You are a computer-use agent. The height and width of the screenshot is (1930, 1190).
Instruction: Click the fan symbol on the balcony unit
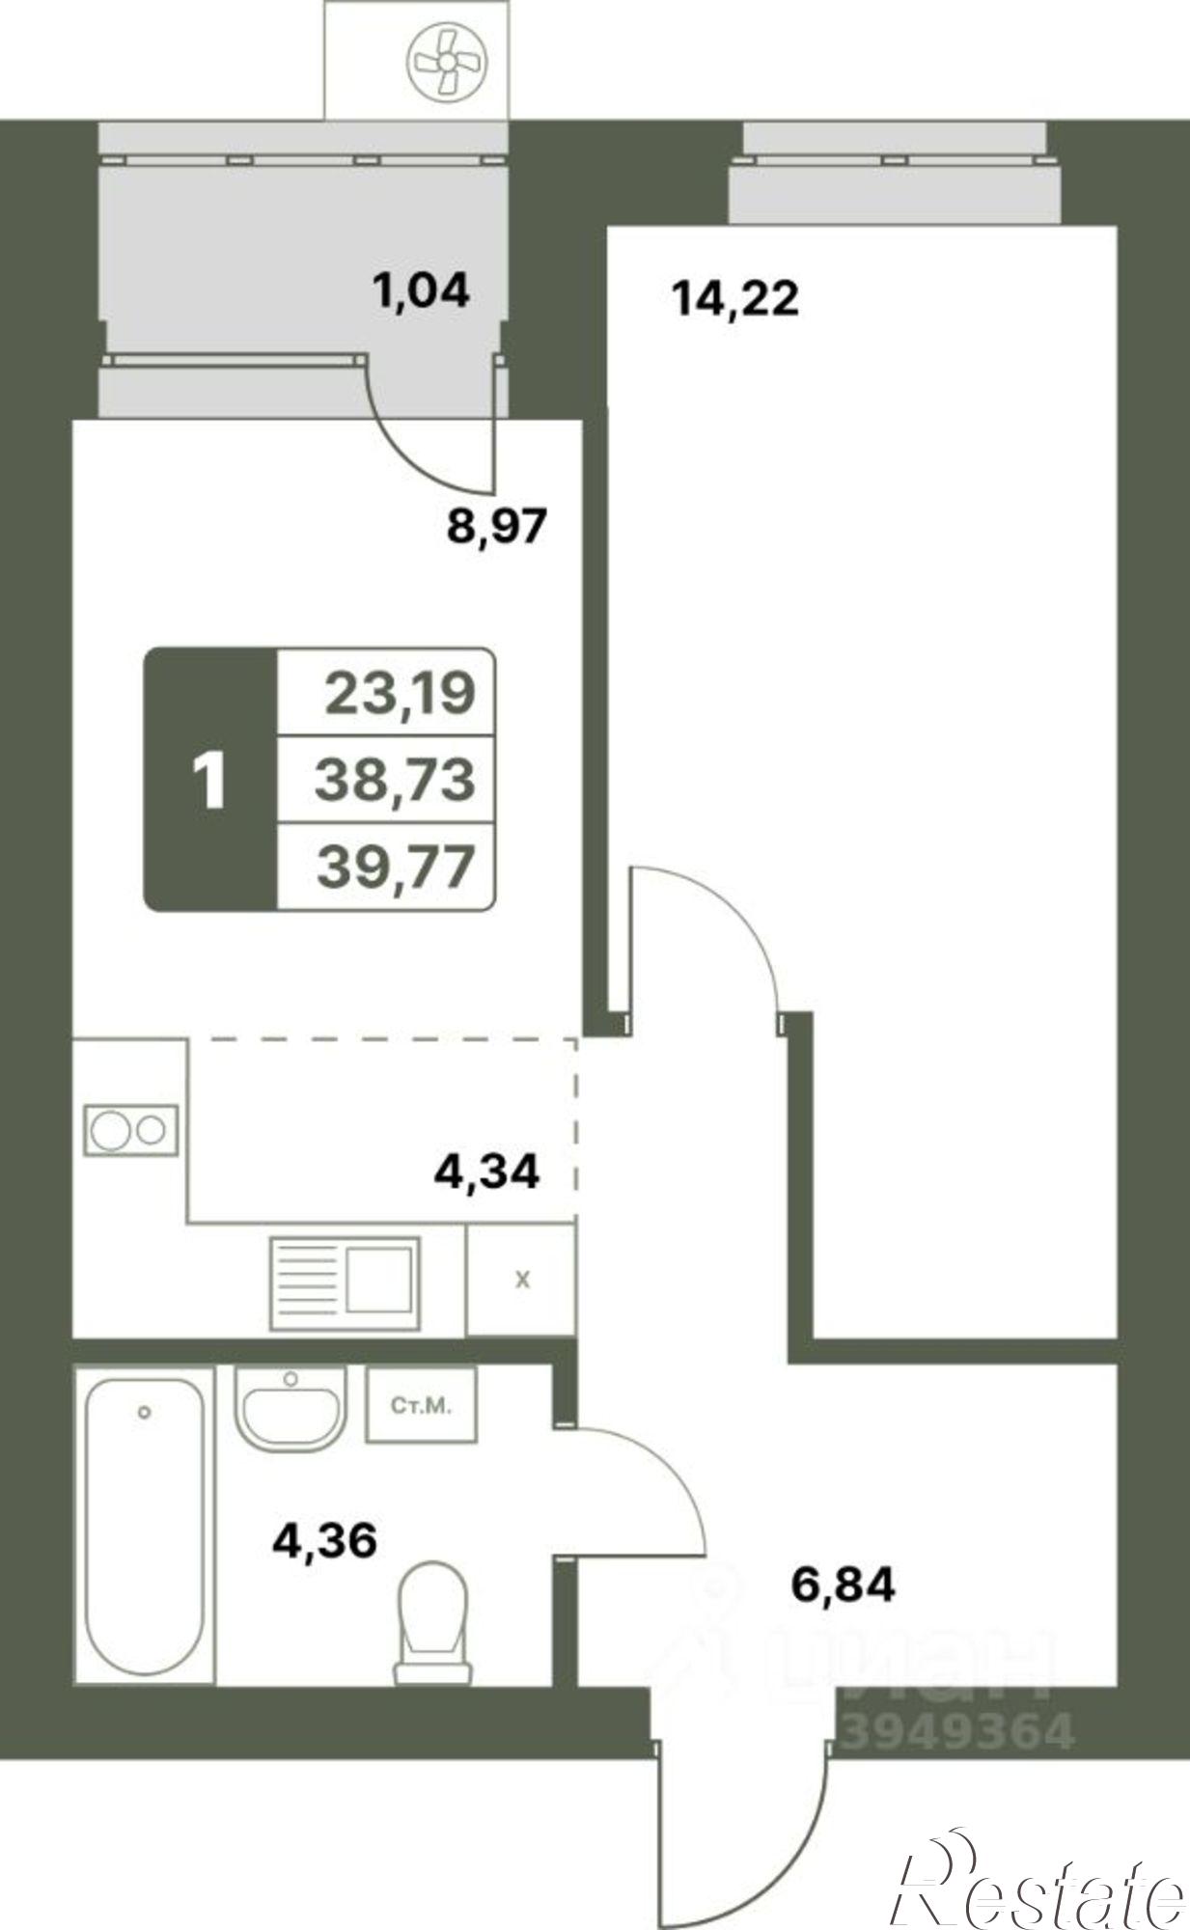point(447,60)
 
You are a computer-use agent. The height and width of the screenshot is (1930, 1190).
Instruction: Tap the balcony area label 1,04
point(421,289)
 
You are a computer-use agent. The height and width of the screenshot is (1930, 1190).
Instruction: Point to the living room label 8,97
point(496,526)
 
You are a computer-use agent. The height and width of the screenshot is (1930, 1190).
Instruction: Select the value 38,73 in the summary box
point(396,779)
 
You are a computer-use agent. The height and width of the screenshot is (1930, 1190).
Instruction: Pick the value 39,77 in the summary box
point(397,866)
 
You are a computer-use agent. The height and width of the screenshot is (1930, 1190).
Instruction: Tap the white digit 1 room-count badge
point(209,781)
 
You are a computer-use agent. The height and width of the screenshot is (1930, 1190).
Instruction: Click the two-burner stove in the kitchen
point(131,1129)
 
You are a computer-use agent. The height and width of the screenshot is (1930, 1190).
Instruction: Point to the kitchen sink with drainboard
point(345,1282)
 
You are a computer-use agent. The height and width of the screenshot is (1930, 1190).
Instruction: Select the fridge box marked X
point(521,1281)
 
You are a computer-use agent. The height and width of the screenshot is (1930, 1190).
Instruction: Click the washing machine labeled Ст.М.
point(421,1405)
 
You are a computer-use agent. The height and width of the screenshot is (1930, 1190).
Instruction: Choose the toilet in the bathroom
point(432,1623)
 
